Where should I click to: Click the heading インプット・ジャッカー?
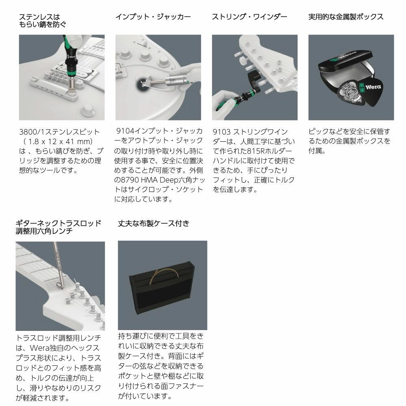(x=153, y=17)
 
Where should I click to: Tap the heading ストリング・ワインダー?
(x=250, y=17)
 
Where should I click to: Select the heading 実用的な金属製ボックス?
(x=346, y=17)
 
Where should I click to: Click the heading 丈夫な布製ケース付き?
(x=153, y=223)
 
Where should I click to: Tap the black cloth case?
(x=162, y=287)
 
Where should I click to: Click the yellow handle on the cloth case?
(x=164, y=274)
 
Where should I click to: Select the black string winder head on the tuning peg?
(x=255, y=80)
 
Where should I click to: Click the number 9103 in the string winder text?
(x=222, y=132)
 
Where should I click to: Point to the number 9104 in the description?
(x=125, y=131)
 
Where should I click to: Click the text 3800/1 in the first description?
(x=32, y=132)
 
